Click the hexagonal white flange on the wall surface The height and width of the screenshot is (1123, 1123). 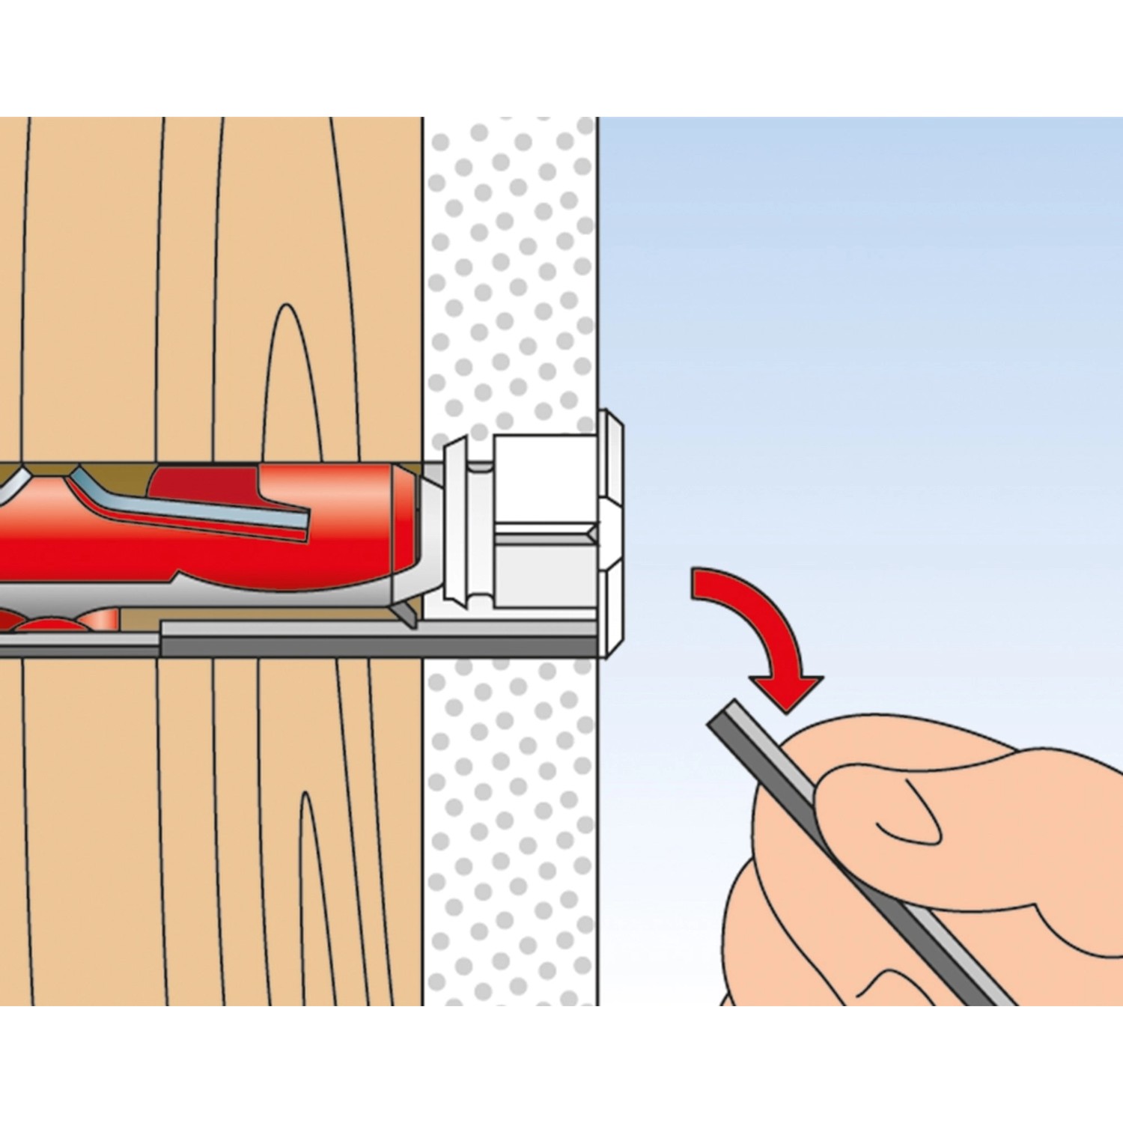(611, 532)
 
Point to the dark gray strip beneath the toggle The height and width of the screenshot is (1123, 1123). (374, 644)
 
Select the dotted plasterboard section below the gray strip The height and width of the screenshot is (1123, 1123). (509, 824)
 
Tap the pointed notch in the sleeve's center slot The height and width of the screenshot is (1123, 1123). (592, 534)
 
